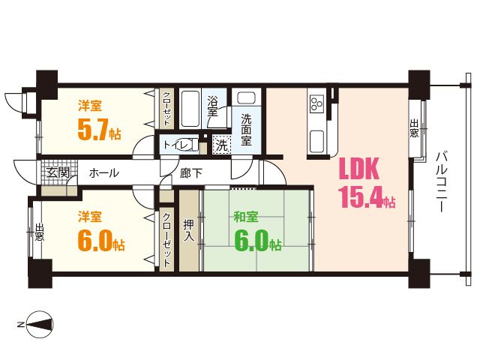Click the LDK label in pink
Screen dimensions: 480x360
click(359, 169)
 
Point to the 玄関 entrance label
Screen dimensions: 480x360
click(58, 173)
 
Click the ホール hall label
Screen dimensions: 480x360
click(103, 173)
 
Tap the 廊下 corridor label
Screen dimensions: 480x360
click(190, 173)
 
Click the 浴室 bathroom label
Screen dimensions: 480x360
click(212, 106)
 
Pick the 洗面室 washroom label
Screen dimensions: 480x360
click(246, 130)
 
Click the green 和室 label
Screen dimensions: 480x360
click(246, 217)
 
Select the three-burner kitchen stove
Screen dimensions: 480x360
click(316, 103)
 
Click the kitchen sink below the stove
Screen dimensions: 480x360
click(316, 142)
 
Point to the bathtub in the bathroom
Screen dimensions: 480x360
click(190, 108)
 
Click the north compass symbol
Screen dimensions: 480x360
click(40, 324)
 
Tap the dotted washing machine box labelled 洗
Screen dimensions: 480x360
click(222, 145)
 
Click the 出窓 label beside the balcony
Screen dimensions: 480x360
click(414, 128)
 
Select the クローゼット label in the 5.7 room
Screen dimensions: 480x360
click(166, 108)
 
